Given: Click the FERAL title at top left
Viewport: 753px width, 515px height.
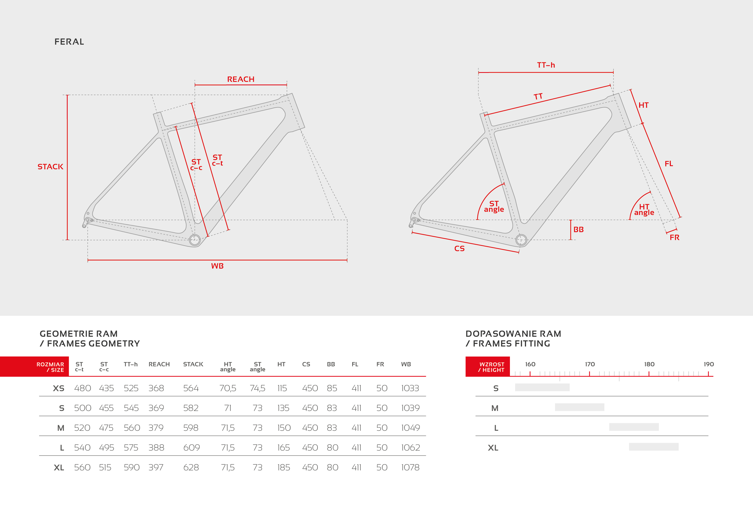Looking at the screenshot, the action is coord(69,42).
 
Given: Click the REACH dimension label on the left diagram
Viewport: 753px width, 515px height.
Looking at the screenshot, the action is coord(241,79).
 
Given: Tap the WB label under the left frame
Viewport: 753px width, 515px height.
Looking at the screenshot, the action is coord(217,266).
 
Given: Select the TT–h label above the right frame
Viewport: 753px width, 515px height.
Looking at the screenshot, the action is coord(546,65).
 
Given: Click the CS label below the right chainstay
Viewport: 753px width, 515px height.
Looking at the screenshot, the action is coord(459,249).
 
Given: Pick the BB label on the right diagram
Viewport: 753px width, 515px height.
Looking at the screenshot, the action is coord(579,230).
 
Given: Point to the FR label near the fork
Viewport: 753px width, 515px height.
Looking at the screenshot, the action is coord(675,237).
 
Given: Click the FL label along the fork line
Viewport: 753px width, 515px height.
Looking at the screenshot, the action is coord(669,163).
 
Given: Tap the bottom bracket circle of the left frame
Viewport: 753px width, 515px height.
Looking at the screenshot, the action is coord(195,240).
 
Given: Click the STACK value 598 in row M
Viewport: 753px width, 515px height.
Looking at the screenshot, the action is coord(191,428).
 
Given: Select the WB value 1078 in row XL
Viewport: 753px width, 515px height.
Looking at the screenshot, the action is coord(410,467).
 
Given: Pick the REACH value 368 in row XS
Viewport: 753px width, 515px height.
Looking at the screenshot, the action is coord(156,388).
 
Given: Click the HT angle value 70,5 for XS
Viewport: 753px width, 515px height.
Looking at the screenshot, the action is coord(228,388).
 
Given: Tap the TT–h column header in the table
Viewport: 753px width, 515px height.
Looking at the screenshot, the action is coord(131,364).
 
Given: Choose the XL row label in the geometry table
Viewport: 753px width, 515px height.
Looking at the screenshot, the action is coord(59,468).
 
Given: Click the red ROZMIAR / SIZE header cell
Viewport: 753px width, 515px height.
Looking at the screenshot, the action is coord(34,367).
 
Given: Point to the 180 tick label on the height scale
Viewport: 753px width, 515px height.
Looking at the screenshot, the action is coord(649,364).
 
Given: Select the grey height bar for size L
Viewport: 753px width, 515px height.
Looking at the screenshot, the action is coord(634,427).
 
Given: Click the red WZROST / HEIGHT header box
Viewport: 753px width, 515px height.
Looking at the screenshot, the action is coord(488,367).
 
